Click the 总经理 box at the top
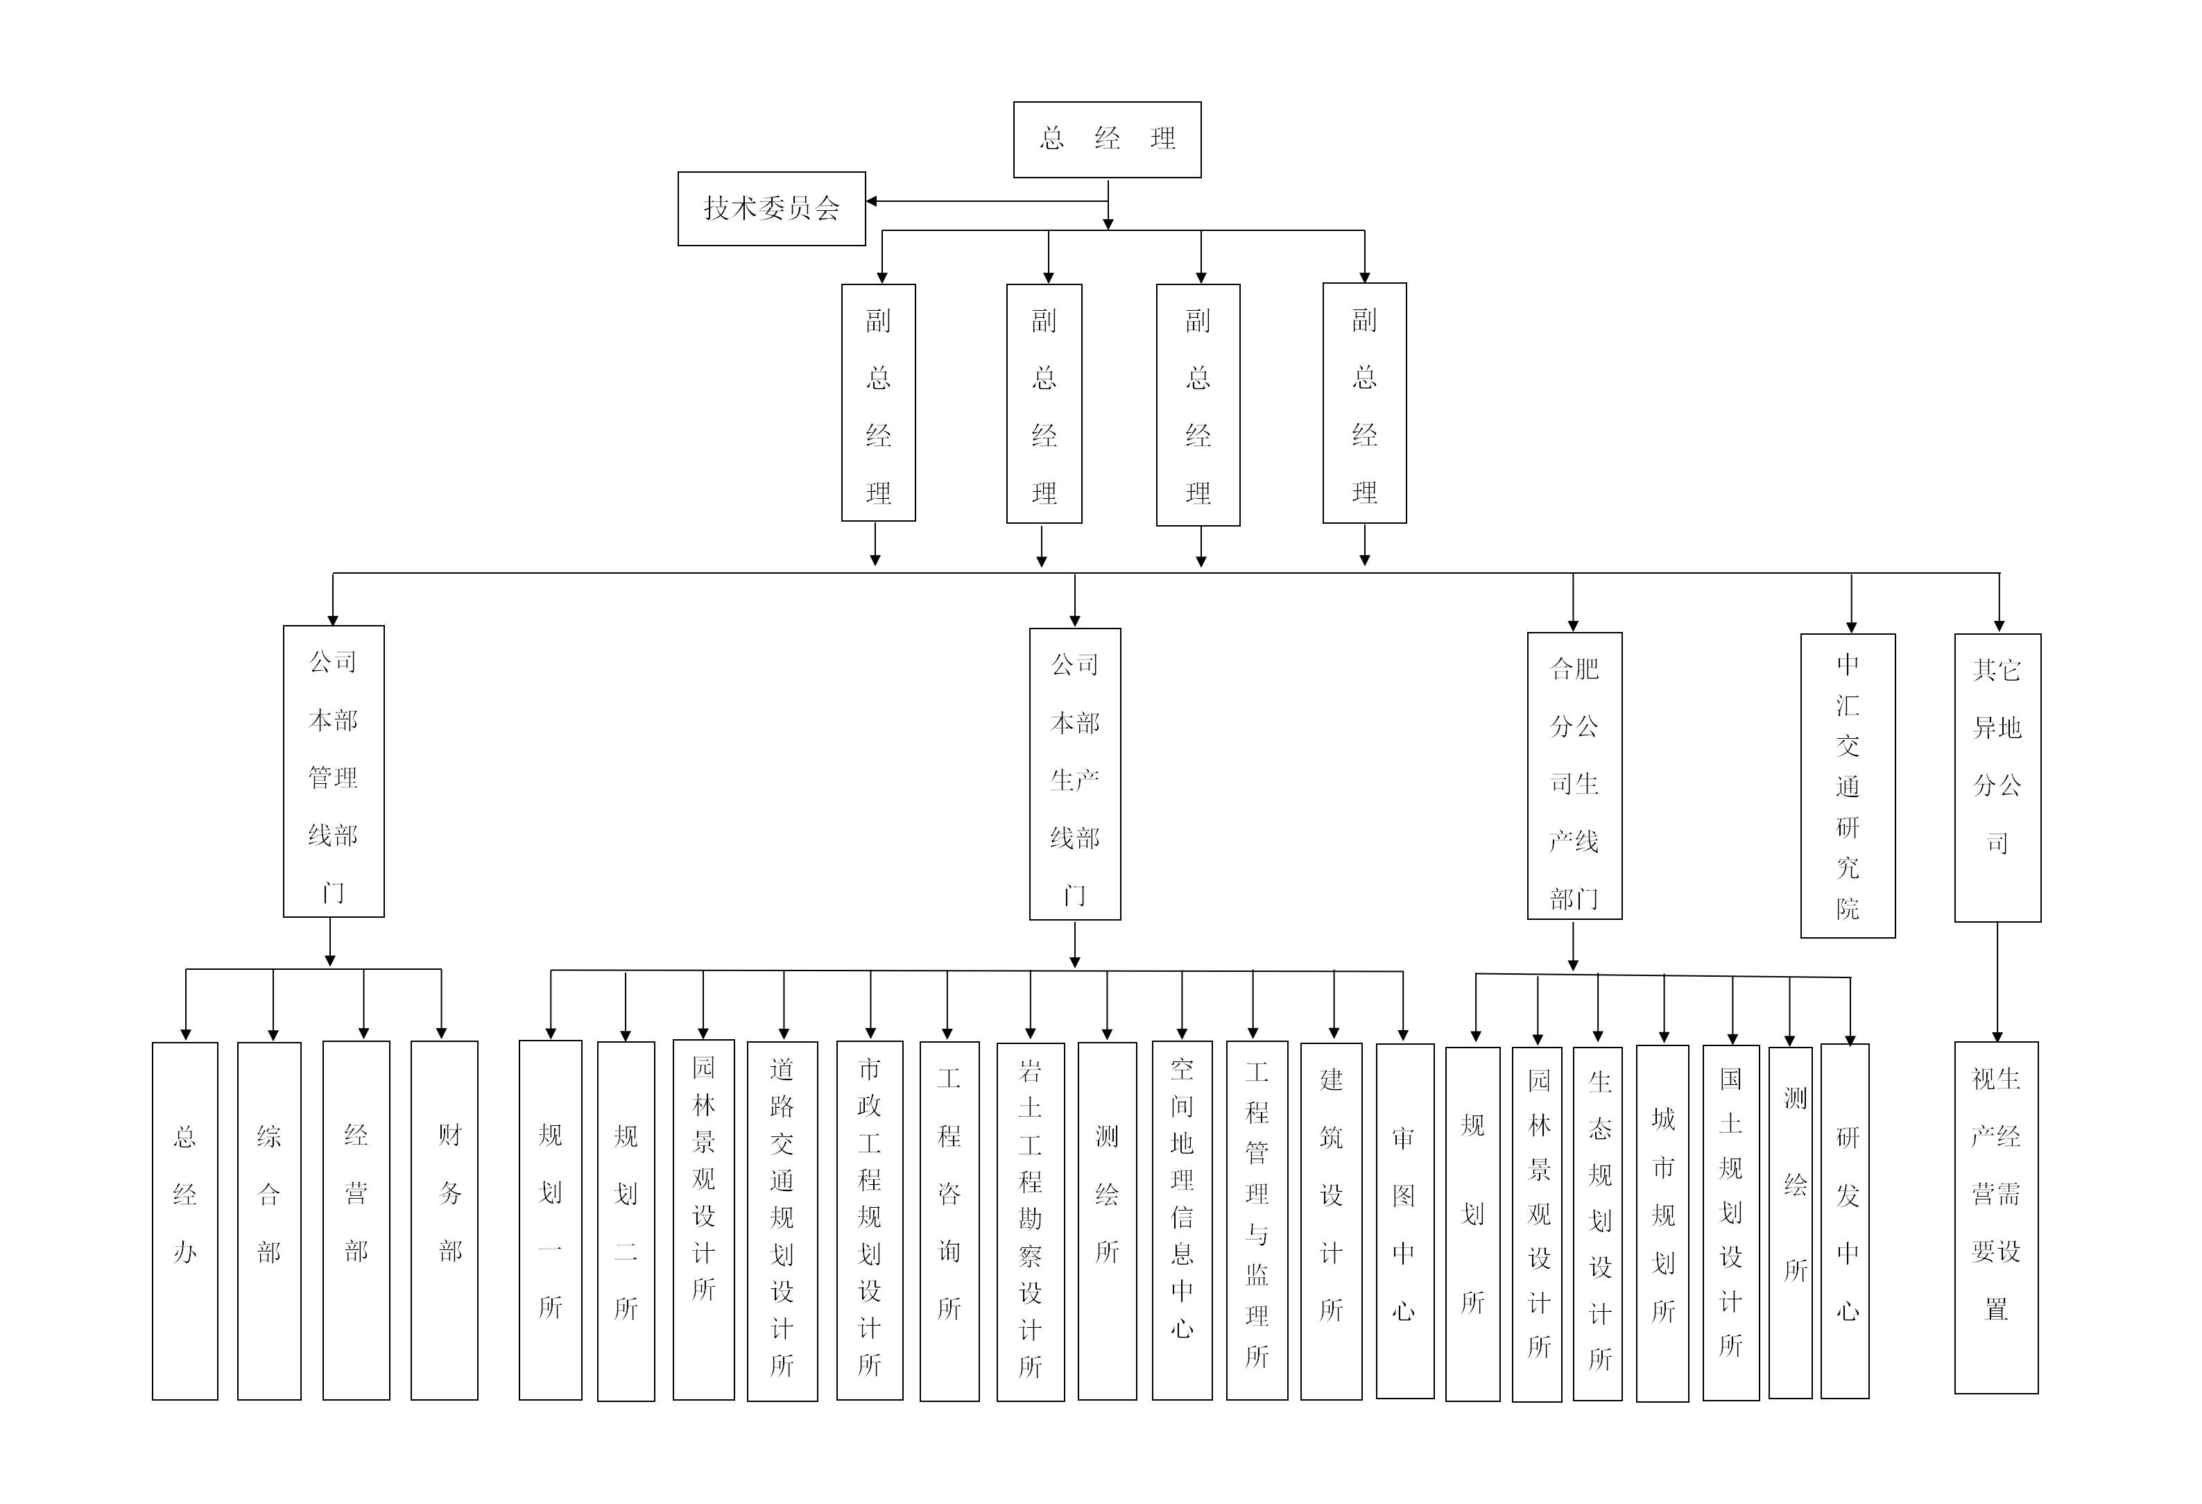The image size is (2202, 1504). (x=1107, y=139)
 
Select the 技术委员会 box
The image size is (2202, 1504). (x=771, y=209)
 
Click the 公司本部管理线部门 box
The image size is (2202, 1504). (x=334, y=771)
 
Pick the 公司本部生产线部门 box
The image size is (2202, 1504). (x=1074, y=774)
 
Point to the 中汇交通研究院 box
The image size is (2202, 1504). (x=1847, y=785)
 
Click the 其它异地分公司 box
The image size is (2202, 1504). (x=1997, y=777)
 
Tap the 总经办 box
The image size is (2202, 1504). (x=184, y=1221)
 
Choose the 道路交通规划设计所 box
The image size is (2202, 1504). (x=782, y=1222)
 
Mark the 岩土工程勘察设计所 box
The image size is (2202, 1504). (x=1030, y=1222)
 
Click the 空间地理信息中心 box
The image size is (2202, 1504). (x=1182, y=1221)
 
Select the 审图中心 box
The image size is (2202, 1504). (x=1404, y=1221)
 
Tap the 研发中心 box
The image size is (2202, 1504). (x=1845, y=1221)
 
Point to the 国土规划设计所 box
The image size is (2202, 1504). (x=1730, y=1222)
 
